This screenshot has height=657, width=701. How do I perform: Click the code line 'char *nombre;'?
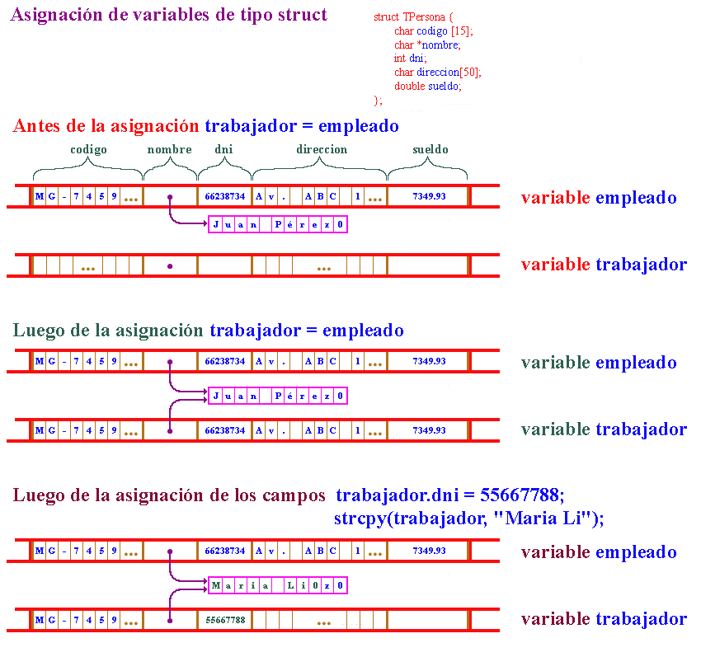pyautogui.click(x=427, y=45)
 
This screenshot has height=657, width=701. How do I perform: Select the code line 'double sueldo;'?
pyautogui.click(x=427, y=86)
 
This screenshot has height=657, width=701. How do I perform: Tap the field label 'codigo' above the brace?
pyautogui.click(x=88, y=150)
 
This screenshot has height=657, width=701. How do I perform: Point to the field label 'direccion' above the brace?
pyautogui.click(x=322, y=150)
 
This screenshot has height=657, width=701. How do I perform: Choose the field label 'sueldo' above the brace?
pyautogui.click(x=430, y=150)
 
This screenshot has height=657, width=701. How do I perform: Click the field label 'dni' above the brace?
pyautogui.click(x=223, y=150)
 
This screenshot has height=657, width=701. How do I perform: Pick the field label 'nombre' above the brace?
pyautogui.click(x=169, y=150)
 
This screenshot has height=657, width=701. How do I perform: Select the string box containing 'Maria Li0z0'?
pyautogui.click(x=277, y=585)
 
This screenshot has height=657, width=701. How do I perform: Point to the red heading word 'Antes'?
pyautogui.click(x=37, y=126)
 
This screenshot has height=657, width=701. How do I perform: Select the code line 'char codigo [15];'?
pyautogui.click(x=435, y=31)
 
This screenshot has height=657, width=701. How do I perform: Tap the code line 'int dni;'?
pyautogui.click(x=410, y=58)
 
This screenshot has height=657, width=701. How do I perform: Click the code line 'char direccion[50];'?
pyautogui.click(x=437, y=72)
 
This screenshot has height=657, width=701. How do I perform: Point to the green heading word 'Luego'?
pyautogui.click(x=36, y=331)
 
